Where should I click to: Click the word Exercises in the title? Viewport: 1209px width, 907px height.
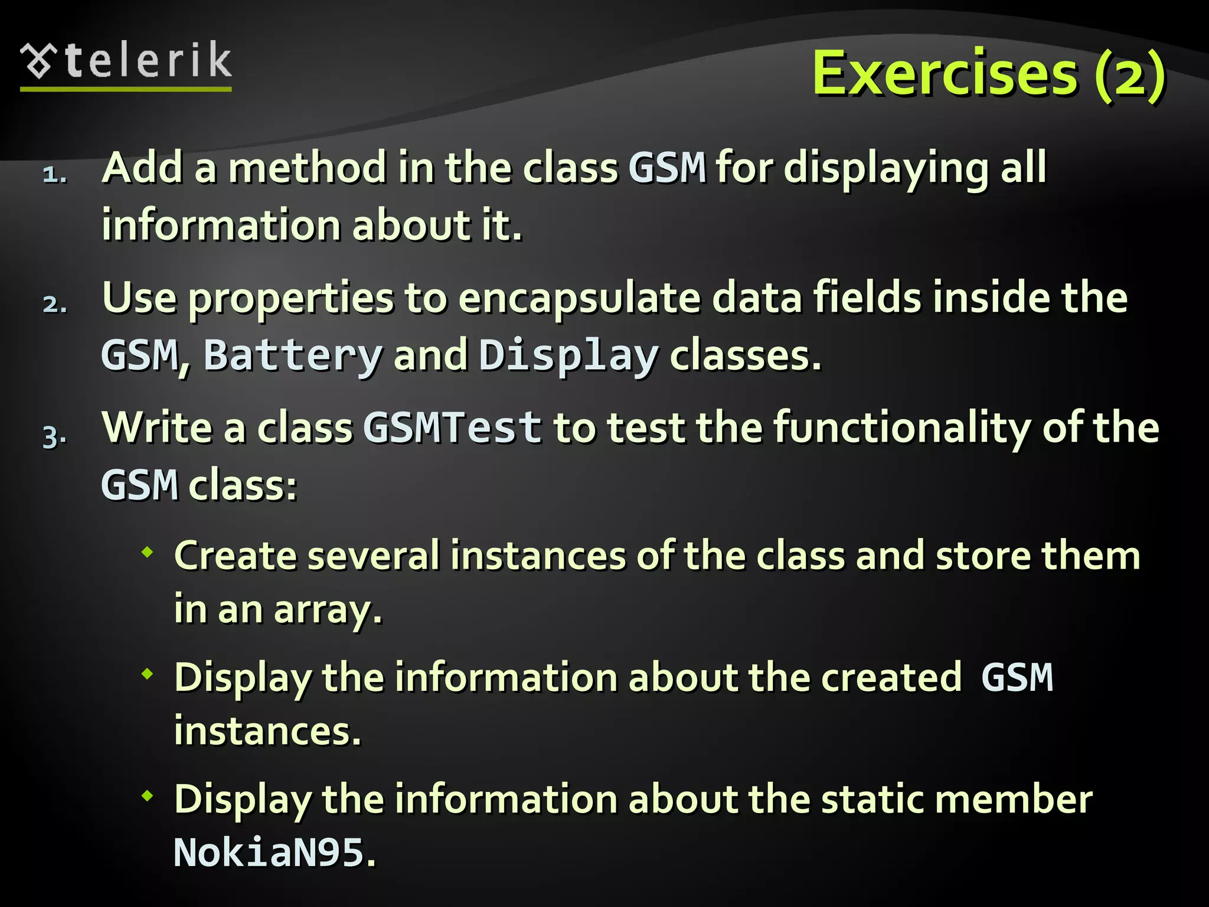coord(945,74)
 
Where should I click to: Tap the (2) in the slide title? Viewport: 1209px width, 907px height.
coord(1129,76)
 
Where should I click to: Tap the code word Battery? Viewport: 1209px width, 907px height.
coord(293,355)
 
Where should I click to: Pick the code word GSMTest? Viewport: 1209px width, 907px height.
coord(452,427)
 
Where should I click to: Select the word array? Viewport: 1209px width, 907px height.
coord(328,611)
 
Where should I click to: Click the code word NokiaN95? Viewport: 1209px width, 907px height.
coord(269,853)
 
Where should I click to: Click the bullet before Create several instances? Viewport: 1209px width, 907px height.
coord(147,553)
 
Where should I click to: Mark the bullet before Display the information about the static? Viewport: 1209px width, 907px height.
coord(147,796)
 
